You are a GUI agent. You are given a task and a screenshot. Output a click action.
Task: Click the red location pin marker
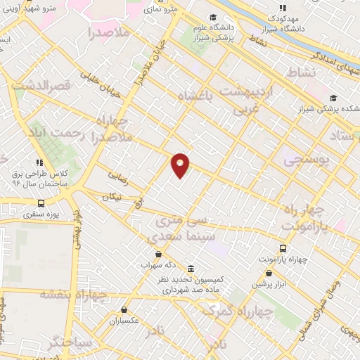(x=181, y=165)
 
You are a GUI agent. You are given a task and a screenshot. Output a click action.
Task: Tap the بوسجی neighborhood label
(x=307, y=161)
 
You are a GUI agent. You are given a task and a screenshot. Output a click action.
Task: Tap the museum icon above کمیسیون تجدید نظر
(x=191, y=269)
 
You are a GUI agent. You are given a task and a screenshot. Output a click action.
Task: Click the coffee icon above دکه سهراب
(x=159, y=255)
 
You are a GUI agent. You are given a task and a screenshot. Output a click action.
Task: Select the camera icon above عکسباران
(x=124, y=309)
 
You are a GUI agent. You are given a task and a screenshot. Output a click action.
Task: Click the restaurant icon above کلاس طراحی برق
(x=40, y=162)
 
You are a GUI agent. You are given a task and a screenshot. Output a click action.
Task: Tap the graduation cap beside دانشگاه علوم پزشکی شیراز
(x=212, y=18)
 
